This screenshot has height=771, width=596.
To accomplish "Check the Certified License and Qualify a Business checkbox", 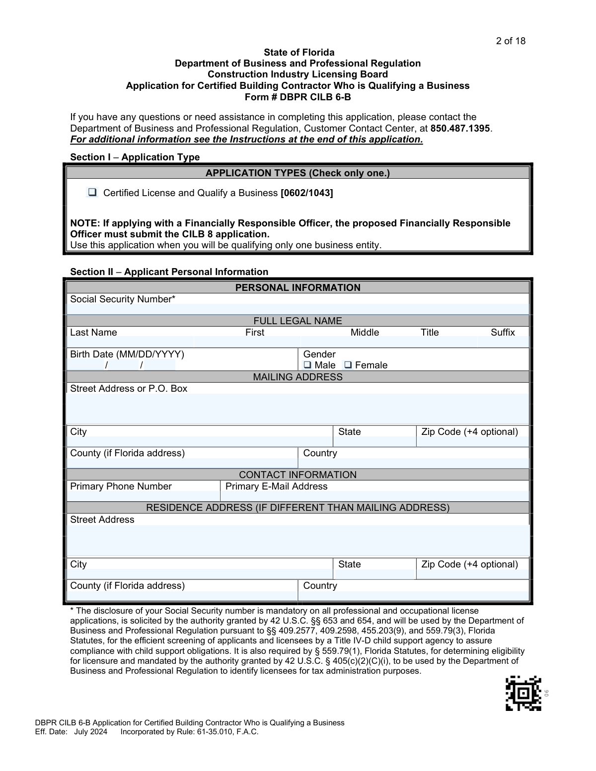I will tap(92, 193).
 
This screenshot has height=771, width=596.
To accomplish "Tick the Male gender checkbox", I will tap(307, 365).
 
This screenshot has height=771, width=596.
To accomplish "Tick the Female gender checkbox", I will tap(348, 365).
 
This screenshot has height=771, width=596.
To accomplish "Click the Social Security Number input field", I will tap(298, 309).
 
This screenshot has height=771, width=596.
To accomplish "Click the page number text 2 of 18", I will tap(510, 41).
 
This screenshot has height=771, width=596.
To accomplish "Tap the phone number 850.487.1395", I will tap(460, 128).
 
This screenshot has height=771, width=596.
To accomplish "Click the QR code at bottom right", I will tap(523, 693).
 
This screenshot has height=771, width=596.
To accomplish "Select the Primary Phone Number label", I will tap(121, 487).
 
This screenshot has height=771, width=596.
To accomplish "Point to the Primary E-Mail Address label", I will tap(276, 487).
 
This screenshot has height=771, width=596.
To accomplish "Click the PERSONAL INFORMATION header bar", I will tap(298, 287).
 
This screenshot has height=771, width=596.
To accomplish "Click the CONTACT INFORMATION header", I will tap(298, 475).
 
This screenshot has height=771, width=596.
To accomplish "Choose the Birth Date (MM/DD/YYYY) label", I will tap(127, 354).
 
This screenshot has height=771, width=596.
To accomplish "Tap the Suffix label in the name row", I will tap(503, 333).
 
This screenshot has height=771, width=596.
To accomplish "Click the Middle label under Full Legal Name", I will tap(365, 333).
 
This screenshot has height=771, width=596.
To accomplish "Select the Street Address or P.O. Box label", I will tap(129, 389).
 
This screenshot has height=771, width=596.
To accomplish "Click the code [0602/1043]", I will tap(306, 193).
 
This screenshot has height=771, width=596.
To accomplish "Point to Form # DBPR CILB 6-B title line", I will tap(298, 97).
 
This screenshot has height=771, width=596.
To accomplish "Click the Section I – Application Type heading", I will tap(135, 157).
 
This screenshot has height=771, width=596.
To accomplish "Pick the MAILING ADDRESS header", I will tap(298, 377).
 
